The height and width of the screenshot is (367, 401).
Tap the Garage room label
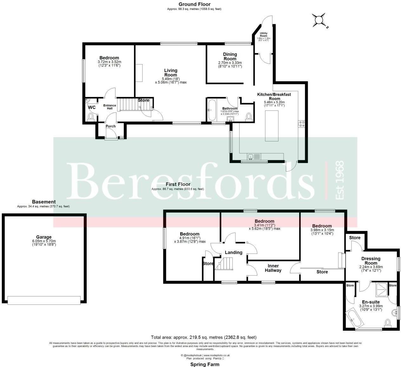tap(43, 237)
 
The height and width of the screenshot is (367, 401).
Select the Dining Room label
tap(230, 57)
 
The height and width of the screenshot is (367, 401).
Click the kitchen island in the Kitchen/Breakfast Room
tap(272, 126)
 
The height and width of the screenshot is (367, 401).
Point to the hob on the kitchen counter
tap(301, 124)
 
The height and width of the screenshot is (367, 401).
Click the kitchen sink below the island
tap(251, 156)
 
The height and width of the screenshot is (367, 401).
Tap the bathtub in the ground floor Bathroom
tap(211, 110)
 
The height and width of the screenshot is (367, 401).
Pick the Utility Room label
tap(264, 34)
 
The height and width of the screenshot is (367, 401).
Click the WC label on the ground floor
tap(92, 107)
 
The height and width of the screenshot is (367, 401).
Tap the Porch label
tap(110, 126)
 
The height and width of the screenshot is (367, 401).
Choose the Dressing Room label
tap(371, 261)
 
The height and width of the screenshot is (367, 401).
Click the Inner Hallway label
tap(273, 268)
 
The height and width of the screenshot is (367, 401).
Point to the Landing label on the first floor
tap(233, 252)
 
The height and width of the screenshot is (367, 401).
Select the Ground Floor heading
tap(194, 4)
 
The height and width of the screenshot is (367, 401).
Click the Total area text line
tap(203, 337)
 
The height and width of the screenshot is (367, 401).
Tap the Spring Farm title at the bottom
tap(205, 364)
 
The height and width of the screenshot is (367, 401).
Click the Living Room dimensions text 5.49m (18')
tap(170, 78)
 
